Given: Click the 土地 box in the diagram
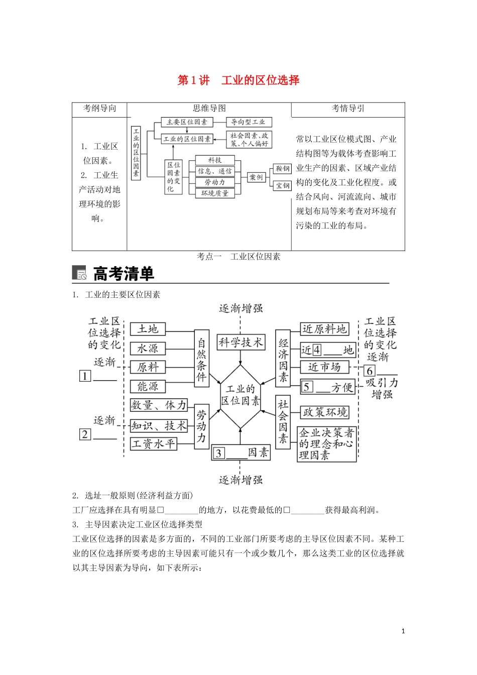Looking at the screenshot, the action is tap(148, 329).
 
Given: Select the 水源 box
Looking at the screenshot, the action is tap(148, 348).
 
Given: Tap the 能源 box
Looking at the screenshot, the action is tap(148, 386).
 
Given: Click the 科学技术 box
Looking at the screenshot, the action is tap(241, 343).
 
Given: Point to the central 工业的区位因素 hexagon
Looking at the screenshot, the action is tap(241, 395).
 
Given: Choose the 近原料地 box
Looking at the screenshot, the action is tap(324, 329).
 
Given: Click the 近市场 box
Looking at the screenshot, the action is tap(324, 367).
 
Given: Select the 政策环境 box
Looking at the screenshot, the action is tap(324, 412).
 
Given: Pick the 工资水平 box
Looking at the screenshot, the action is tap(154, 444).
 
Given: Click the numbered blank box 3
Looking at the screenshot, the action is tap(218, 453).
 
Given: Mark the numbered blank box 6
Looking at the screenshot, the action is tap(370, 371).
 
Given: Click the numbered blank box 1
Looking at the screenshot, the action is tap(85, 376).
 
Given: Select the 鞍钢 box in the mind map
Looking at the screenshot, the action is tap(283, 169).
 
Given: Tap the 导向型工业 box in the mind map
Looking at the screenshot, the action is tap(248, 122).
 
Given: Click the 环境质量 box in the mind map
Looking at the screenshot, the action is tap(215, 193).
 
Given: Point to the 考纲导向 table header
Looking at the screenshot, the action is tap(99, 108).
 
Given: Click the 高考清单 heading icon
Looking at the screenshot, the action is tap(79, 273).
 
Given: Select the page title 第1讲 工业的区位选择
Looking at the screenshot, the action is tap(238, 80).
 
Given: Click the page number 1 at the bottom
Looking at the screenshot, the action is tap(403, 631).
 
